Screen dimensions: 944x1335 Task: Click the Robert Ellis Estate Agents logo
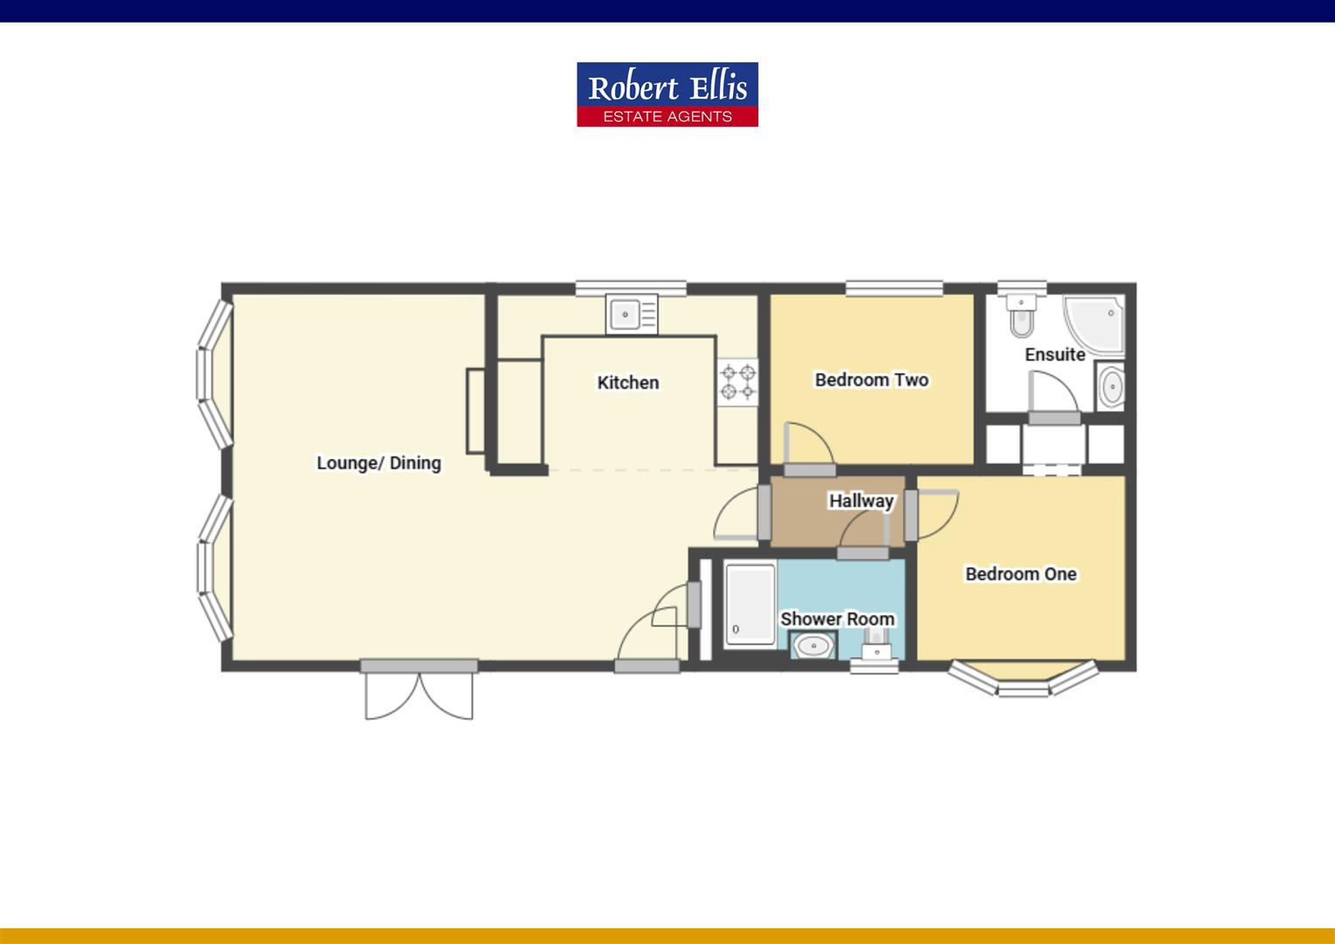667,94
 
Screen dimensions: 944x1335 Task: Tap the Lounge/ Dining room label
378,462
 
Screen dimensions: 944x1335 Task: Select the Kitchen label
627,382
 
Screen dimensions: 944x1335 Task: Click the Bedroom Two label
871,379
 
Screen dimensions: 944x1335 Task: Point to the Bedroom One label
1020,573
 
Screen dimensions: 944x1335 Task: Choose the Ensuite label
1055,354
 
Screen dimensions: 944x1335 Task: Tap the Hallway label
861,501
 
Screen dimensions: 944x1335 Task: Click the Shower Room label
837,619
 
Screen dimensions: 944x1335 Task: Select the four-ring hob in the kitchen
737,382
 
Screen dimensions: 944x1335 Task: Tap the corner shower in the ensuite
1092,324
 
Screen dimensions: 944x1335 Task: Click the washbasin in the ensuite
1110,386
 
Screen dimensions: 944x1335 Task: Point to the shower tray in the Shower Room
750,604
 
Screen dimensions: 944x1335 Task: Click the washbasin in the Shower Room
813,647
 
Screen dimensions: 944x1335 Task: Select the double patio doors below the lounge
419,693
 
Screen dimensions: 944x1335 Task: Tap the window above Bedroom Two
894,288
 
